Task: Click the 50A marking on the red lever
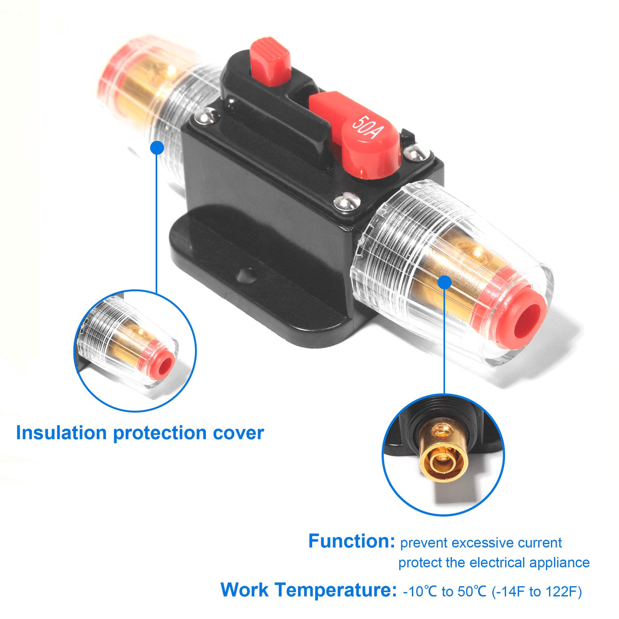pyautogui.click(x=367, y=128)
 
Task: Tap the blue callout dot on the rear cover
pyautogui.click(x=157, y=148)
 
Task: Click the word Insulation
pyautogui.click(x=61, y=433)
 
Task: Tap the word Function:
pyautogui.click(x=351, y=541)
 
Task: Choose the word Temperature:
pyautogui.click(x=335, y=590)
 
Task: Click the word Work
pyautogui.click(x=245, y=590)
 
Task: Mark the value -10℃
pyautogui.click(x=420, y=591)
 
